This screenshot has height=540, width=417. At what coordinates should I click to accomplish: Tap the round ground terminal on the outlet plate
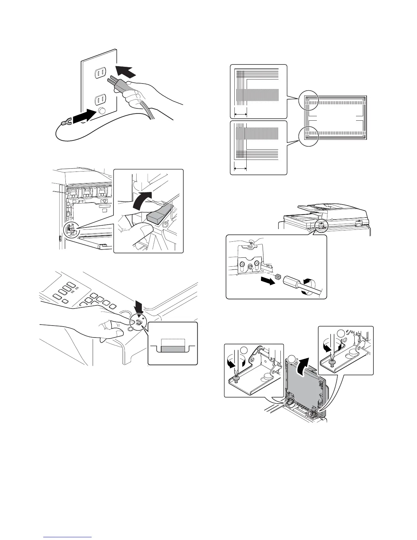click(101, 111)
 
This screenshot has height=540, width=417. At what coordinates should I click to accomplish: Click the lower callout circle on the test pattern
click(308, 136)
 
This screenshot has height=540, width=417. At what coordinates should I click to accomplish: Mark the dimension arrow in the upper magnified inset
click(241, 114)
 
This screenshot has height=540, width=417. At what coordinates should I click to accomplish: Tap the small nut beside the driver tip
click(278, 277)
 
